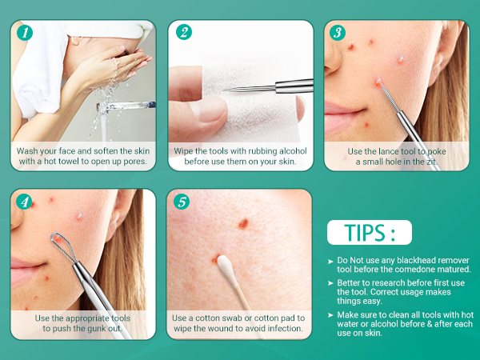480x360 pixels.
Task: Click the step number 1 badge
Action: (25, 33)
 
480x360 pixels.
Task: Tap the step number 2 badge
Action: (184, 33)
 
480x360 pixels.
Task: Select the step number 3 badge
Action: (338, 33)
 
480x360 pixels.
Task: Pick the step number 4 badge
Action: (24, 202)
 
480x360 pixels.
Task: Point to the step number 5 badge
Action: (182, 202)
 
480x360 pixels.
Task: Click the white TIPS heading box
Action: (370, 232)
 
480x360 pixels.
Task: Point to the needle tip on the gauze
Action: (224, 90)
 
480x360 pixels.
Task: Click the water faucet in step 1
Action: (126, 106)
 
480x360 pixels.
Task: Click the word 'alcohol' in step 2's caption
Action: (291, 151)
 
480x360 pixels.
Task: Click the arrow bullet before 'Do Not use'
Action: (330, 262)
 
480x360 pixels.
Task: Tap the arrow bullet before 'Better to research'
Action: (330, 283)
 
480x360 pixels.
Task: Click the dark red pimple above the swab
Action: (243, 223)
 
